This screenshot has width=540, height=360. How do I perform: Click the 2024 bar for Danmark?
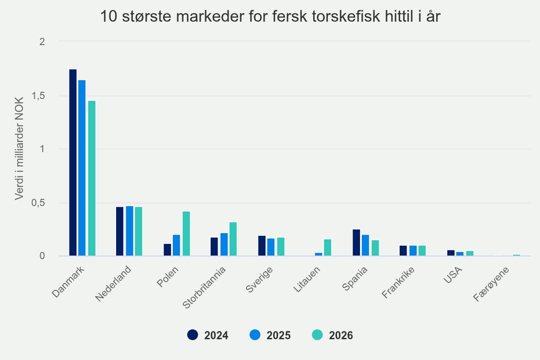pos(73,162)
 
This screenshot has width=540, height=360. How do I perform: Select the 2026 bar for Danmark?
pos(92,178)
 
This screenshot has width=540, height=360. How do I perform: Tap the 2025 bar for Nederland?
pos(130,231)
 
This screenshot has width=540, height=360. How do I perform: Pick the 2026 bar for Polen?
pos(186,234)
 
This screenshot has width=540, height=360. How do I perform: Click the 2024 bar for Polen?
pos(167,250)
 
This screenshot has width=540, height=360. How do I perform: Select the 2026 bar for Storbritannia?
pos(233,239)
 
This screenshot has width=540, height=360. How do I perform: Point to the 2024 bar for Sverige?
pos(262,246)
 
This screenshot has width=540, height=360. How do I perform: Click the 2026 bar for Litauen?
pos(328,247)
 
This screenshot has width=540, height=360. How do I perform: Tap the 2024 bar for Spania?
pos(356,243)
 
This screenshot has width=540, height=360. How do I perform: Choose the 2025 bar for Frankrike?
pos(413,250)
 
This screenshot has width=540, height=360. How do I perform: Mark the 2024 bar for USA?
pos(451,253)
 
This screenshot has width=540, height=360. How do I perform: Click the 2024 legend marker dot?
pos(193,335)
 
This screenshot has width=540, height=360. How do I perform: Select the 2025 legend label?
pos(279,336)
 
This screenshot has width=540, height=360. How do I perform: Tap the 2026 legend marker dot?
pos(318,335)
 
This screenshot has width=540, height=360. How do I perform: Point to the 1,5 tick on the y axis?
pos(38,96)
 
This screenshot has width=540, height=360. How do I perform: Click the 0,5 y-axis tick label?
pos(38,203)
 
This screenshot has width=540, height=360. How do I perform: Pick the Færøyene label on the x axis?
pos(491,284)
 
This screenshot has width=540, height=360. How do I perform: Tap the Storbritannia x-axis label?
pos(204,288)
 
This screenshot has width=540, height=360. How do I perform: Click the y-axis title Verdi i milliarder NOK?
pos(19,148)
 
